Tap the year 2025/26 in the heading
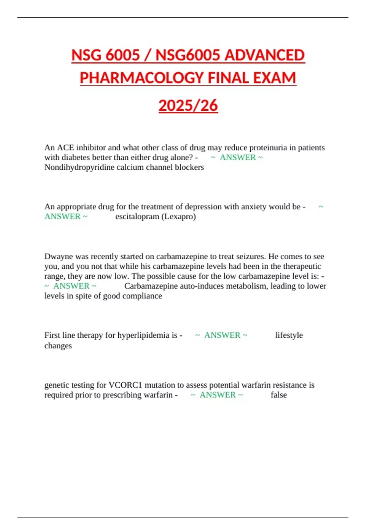point(188,106)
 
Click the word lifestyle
point(289,335)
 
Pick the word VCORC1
point(125,385)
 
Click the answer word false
point(279,395)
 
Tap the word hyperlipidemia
point(143,335)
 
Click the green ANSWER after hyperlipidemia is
point(222,335)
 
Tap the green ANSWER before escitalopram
point(63,217)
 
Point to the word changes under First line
point(58,346)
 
